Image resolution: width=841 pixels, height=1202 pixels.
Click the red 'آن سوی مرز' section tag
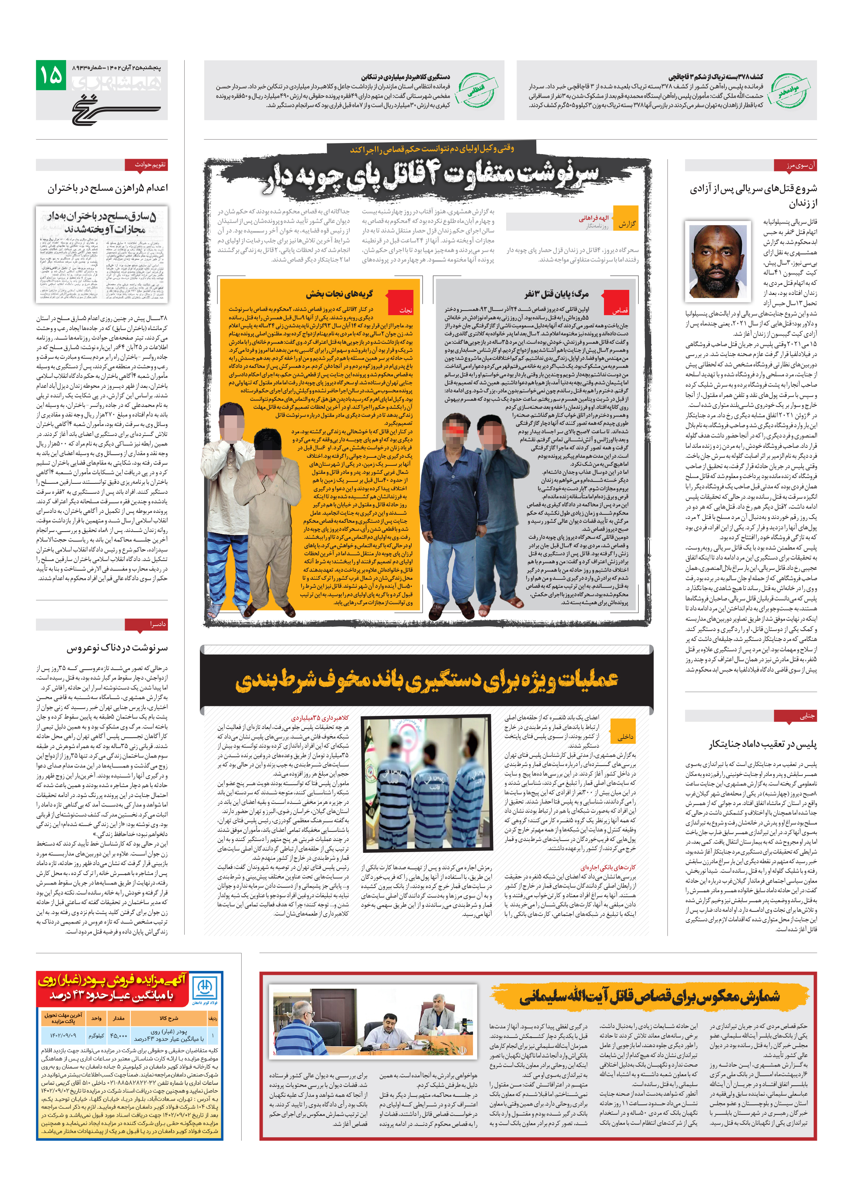point(794,166)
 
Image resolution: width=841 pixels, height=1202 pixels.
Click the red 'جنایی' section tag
point(795,716)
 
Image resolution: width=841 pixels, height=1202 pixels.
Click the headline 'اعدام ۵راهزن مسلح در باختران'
point(108,188)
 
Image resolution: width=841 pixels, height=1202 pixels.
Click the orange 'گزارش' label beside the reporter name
point(625,224)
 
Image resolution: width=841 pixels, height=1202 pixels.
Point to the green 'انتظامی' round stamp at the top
point(475,90)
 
